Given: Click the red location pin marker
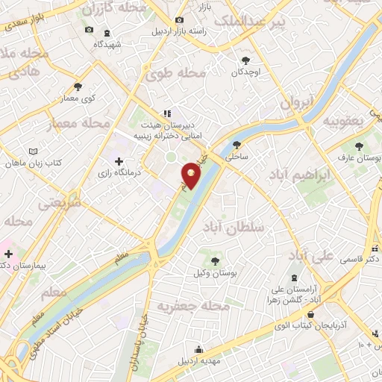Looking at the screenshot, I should [191, 176].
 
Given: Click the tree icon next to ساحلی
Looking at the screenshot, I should [237, 145].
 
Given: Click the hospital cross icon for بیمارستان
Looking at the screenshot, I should [8, 254].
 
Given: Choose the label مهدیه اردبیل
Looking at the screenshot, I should [198, 361].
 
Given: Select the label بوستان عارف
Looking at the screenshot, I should [360, 157].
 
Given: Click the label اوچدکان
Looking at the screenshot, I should [245, 72].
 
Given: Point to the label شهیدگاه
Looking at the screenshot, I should [109, 44].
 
